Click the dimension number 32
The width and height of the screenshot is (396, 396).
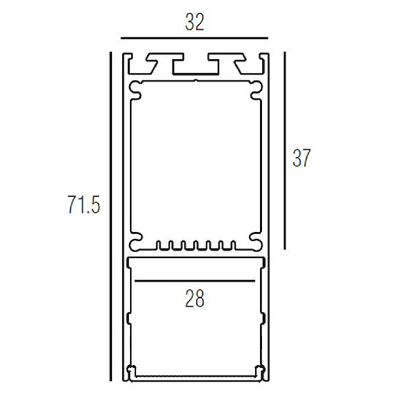pyautogui.click(x=195, y=22)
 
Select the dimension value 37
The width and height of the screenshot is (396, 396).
pyautogui.click(x=302, y=158)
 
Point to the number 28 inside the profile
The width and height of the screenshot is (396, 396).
pyautogui.click(x=195, y=298)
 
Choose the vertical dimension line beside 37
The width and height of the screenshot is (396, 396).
pyautogui.click(x=284, y=150)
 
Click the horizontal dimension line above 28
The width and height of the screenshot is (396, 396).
pyautogui.click(x=195, y=281)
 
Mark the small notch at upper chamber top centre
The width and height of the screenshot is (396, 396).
pyautogui.click(x=196, y=80)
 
